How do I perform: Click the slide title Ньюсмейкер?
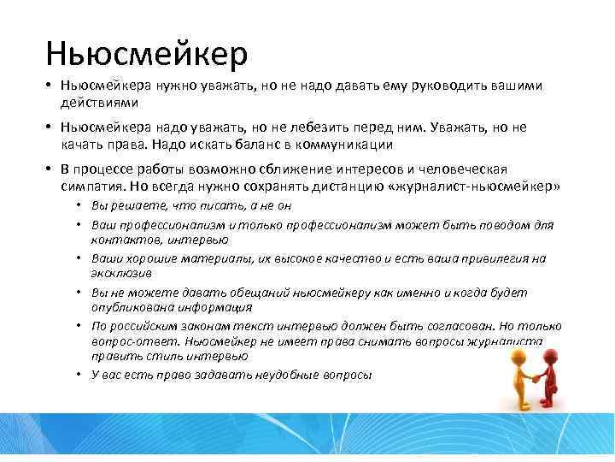pos(147,54)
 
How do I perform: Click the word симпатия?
pos(94,186)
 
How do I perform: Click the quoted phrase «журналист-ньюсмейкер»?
pos(488,186)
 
